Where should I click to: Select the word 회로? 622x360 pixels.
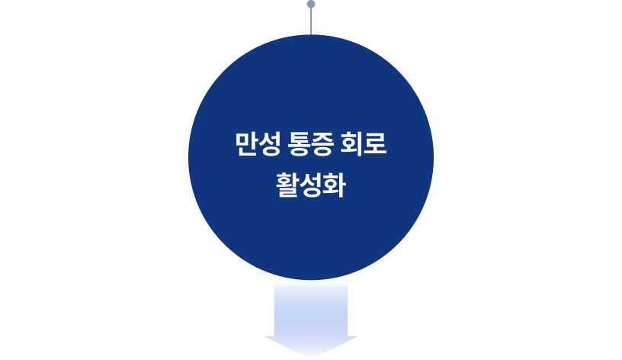click(x=367, y=144)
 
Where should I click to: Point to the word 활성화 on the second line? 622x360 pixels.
click(x=311, y=185)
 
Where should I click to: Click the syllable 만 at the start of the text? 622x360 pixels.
click(x=246, y=144)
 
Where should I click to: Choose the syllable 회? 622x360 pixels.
click(x=355, y=144)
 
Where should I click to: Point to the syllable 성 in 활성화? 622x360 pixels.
click(x=311, y=185)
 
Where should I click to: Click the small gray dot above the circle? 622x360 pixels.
click(x=311, y=5)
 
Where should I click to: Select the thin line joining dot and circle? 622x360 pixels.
click(x=311, y=21)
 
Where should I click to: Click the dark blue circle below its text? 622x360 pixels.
click(x=311, y=236)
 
